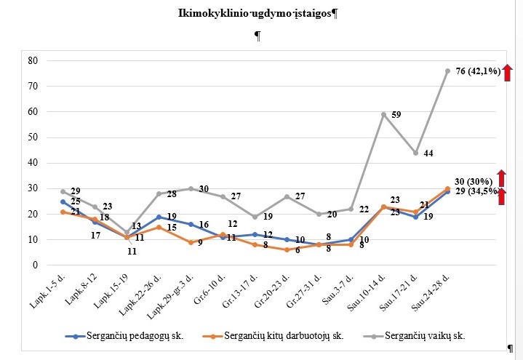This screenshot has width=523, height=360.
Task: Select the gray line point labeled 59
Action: [383, 114]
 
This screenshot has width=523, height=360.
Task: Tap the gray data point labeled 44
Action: [415, 153]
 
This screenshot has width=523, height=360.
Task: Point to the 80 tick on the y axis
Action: [32, 61]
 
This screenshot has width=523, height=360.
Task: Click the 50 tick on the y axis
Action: [32, 137]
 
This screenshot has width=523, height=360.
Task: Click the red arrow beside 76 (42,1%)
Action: [508, 71]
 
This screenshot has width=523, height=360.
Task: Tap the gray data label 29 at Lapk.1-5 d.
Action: [76, 191]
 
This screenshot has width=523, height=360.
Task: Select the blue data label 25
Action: [76, 201]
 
